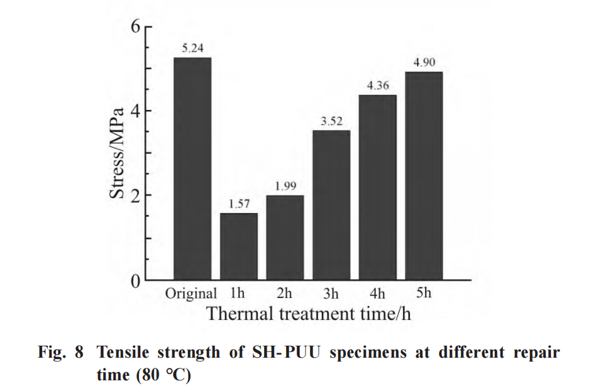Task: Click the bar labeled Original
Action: click(x=192, y=168)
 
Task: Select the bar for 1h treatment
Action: click(x=238, y=246)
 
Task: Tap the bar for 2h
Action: click(x=285, y=237)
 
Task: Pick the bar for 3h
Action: click(x=331, y=205)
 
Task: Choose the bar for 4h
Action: click(x=377, y=187)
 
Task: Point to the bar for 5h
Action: click(x=424, y=175)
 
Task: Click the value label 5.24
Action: click(x=192, y=48)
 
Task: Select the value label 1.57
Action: click(x=238, y=204)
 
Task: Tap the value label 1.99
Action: click(x=285, y=186)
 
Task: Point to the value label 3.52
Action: click(x=331, y=121)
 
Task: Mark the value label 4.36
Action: click(x=377, y=85)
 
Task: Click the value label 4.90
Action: click(x=424, y=62)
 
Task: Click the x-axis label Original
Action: click(x=191, y=293)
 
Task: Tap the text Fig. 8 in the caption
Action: click(x=60, y=352)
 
